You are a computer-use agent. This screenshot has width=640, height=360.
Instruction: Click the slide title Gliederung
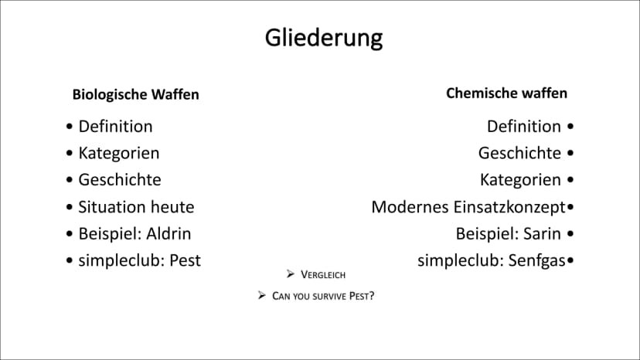(324, 39)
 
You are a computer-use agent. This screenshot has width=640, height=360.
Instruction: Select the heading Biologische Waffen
(135, 95)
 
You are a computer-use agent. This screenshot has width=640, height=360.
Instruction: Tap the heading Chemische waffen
(506, 93)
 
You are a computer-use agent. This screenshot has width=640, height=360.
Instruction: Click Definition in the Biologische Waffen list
(115, 127)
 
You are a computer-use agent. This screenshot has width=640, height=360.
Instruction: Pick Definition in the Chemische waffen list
(524, 127)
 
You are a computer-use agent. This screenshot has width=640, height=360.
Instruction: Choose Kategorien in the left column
(119, 154)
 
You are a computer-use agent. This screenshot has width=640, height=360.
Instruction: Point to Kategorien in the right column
(520, 180)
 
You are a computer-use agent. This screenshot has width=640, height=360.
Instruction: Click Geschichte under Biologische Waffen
(120, 180)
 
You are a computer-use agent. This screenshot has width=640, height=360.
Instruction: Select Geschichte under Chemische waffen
(519, 154)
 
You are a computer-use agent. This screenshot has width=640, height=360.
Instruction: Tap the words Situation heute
(136, 207)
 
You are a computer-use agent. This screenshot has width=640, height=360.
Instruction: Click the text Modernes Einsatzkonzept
(468, 207)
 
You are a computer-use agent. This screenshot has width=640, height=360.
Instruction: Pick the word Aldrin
(169, 234)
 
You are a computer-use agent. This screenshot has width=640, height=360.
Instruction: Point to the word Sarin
(542, 234)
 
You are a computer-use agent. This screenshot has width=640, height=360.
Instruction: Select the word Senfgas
(536, 261)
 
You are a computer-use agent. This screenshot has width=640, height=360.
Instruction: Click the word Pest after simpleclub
(185, 261)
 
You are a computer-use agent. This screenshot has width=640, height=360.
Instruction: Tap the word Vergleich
(323, 275)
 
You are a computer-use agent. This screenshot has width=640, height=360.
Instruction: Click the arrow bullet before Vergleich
(290, 274)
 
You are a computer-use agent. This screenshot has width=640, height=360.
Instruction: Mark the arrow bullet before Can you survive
(261, 295)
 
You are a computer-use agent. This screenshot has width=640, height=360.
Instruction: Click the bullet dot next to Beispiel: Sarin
(570, 234)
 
